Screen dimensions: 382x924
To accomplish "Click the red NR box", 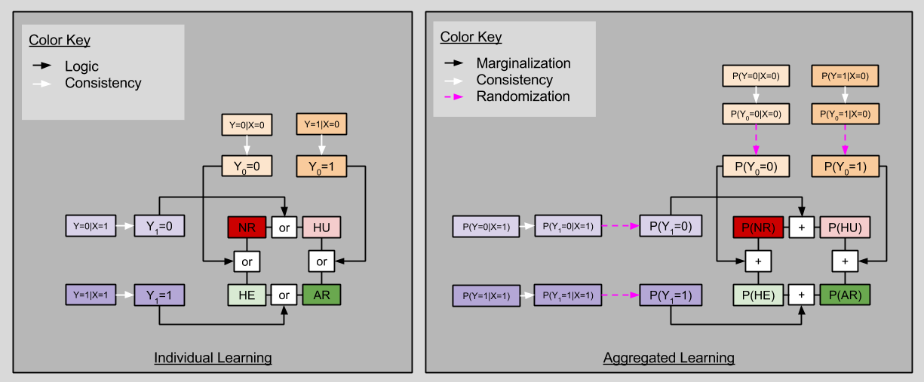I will [x=247, y=226].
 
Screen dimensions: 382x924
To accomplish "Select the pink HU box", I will [x=321, y=226].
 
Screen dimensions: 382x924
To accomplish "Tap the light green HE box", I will [x=247, y=295].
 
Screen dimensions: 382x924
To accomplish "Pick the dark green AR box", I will [x=321, y=295].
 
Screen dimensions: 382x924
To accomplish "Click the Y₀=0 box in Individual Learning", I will [x=247, y=166].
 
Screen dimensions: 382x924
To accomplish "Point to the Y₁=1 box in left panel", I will [x=159, y=295].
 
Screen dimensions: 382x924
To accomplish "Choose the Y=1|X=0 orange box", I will [x=322, y=124].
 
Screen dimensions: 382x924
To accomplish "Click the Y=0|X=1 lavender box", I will [x=91, y=226].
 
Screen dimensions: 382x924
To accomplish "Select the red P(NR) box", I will [x=757, y=226].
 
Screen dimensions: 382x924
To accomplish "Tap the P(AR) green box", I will [x=845, y=295].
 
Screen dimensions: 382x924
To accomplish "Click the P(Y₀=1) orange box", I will [x=845, y=166].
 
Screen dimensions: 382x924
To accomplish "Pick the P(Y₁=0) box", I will [x=671, y=226].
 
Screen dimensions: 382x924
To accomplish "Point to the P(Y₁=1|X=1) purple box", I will [x=568, y=295].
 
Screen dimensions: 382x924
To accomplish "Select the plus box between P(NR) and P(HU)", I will [x=801, y=226].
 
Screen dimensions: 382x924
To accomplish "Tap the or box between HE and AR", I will [x=284, y=295].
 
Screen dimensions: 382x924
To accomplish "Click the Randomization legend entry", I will [x=523, y=96].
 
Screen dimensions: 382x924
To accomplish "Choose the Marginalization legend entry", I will [x=523, y=63].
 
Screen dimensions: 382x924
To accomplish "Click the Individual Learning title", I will [x=213, y=357].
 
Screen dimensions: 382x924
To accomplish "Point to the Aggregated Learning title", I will [x=668, y=357].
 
